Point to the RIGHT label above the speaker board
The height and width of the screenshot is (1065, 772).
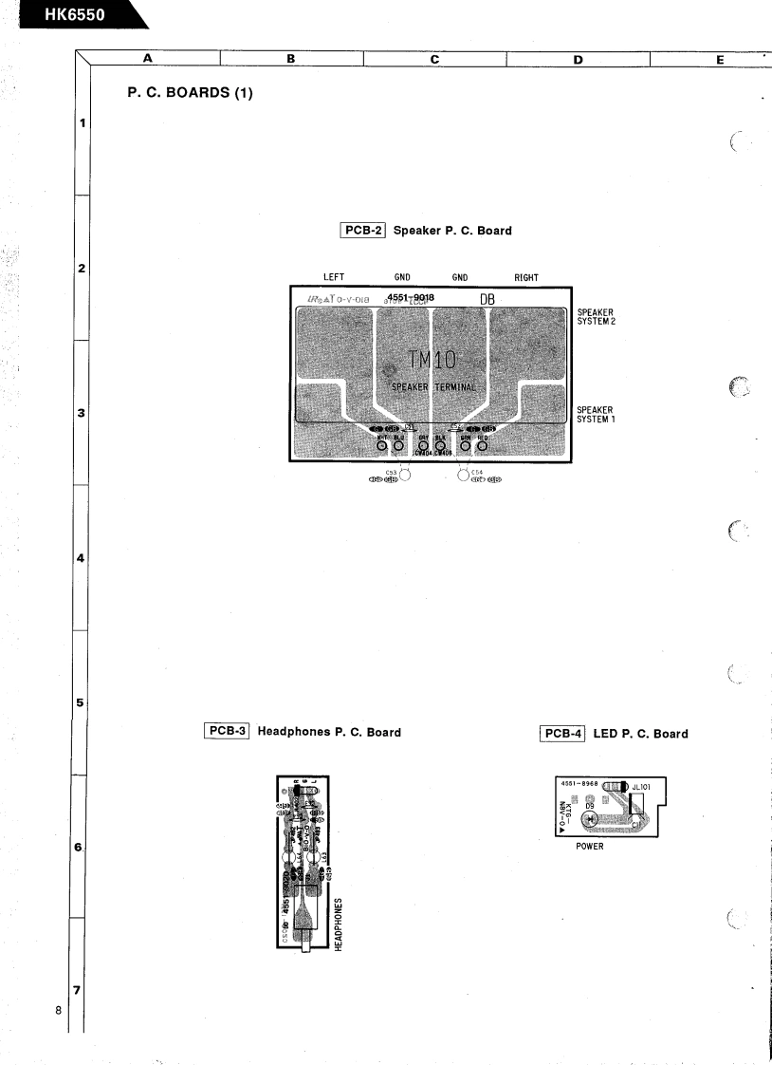point(526,278)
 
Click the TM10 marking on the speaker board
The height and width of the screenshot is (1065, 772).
point(432,359)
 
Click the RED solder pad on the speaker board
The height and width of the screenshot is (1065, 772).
point(482,446)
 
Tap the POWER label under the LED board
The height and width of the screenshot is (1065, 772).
point(590,848)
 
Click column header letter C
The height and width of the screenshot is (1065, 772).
point(434,59)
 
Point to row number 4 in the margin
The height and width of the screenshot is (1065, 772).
point(82,558)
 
